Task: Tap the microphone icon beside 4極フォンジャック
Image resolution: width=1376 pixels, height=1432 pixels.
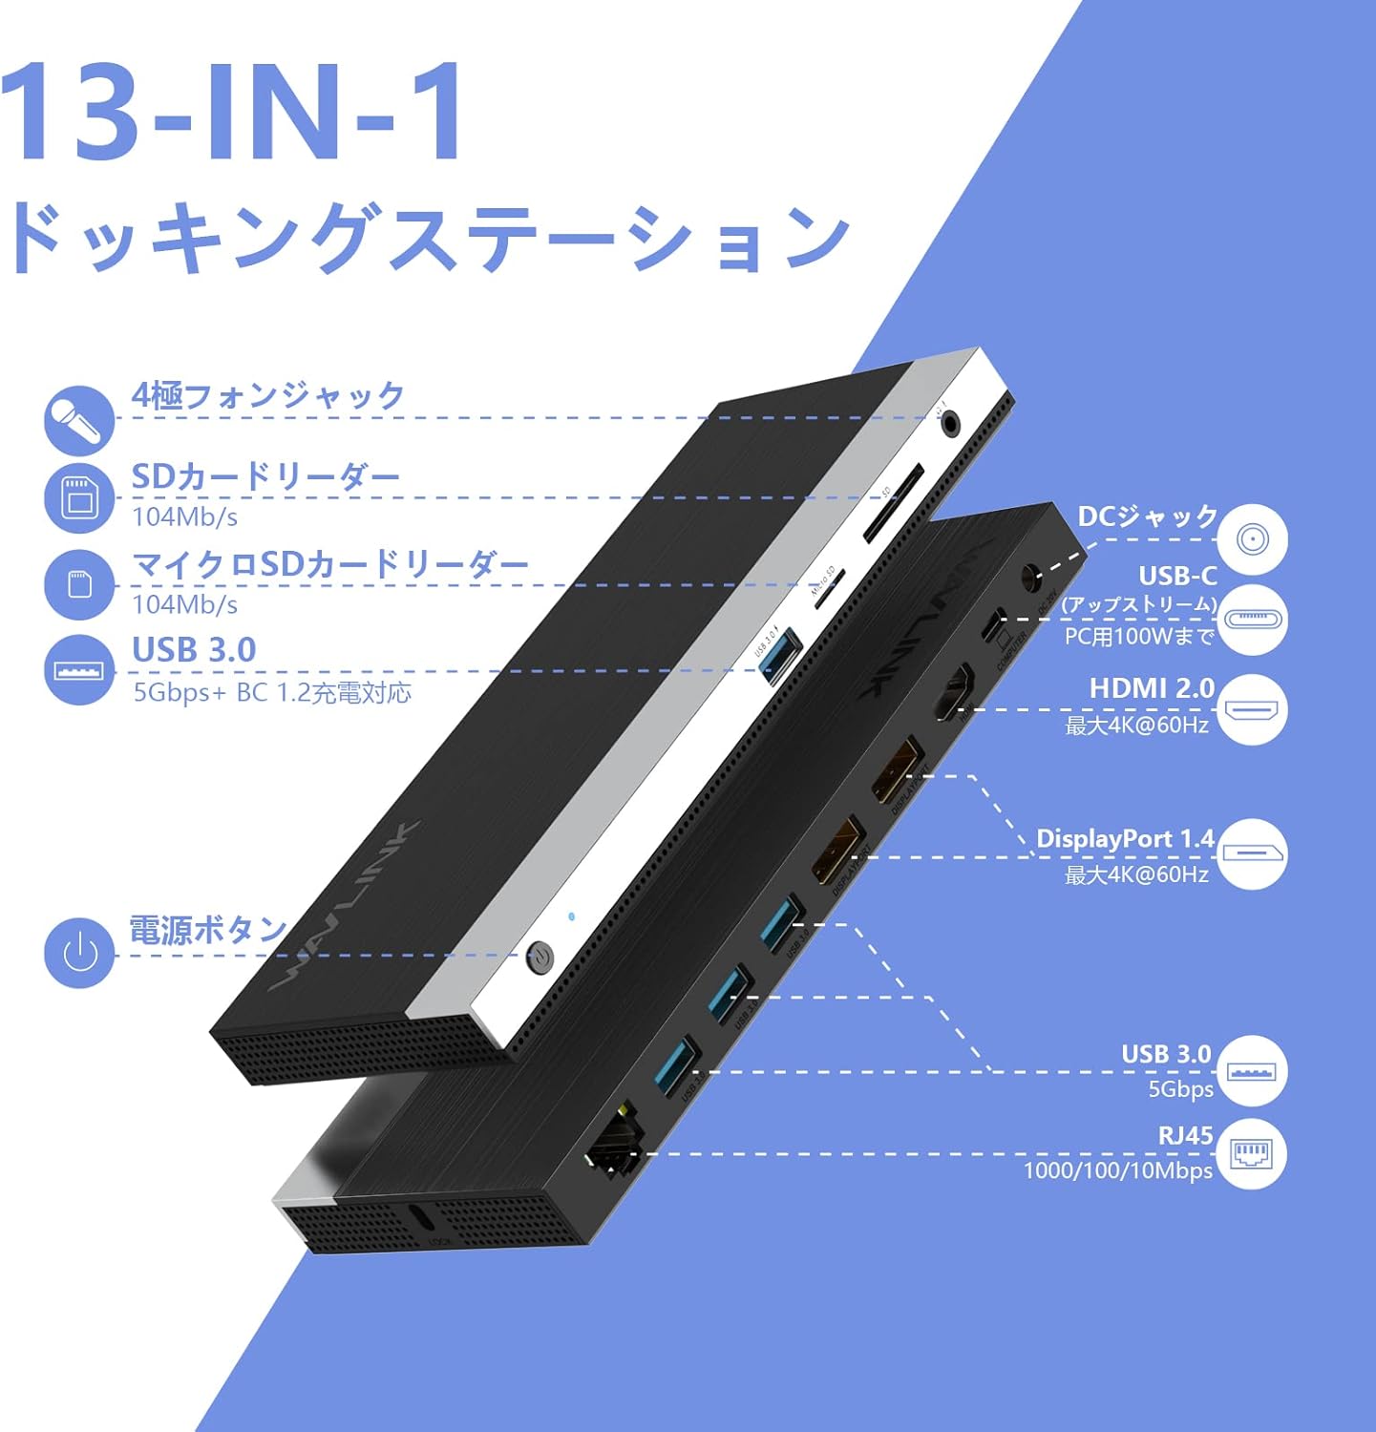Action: tap(79, 420)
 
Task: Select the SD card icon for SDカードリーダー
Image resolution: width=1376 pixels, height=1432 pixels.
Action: tap(79, 497)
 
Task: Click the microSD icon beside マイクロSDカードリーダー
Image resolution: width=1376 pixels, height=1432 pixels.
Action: tap(79, 584)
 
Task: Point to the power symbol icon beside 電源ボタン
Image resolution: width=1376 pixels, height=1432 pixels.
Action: tap(79, 953)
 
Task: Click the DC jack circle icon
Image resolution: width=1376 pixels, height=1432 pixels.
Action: tap(1252, 539)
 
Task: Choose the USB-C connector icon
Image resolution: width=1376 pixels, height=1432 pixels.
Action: tap(1252, 619)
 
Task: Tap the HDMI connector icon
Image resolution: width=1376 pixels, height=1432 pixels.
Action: tap(1252, 710)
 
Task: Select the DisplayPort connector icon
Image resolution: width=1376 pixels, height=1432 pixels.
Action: tap(1252, 853)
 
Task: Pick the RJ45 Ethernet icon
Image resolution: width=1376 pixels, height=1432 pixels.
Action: tap(1252, 1153)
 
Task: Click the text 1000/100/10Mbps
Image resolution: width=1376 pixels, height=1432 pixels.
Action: tap(1117, 1171)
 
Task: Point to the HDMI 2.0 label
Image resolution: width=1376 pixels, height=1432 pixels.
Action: tap(1152, 688)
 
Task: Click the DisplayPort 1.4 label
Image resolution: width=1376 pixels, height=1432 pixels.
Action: tap(1125, 839)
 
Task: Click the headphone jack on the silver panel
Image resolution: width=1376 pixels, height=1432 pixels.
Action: tap(951, 421)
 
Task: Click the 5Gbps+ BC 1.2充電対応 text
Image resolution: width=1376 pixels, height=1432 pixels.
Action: tap(272, 692)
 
